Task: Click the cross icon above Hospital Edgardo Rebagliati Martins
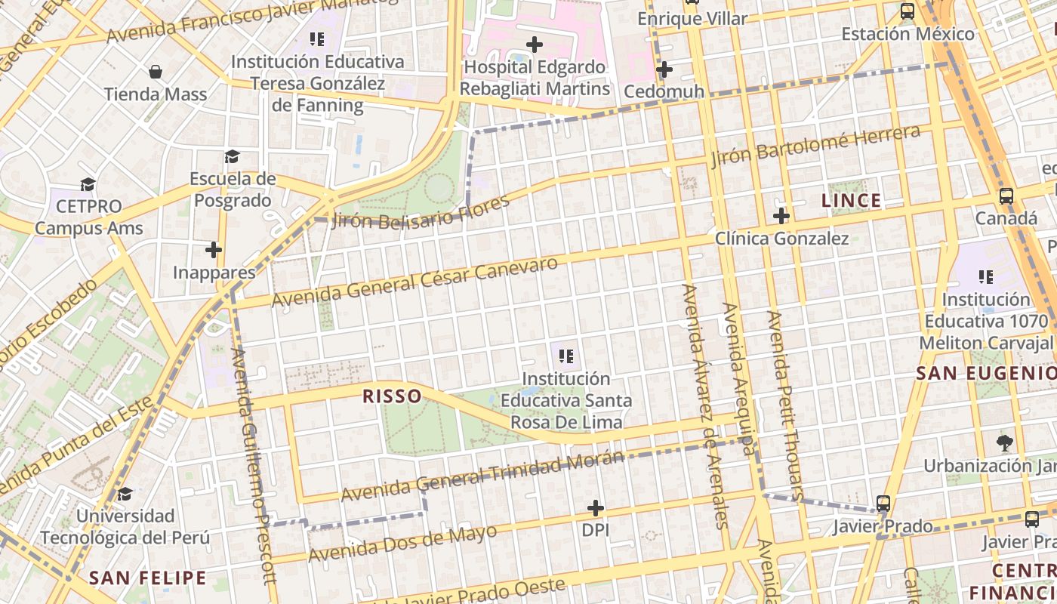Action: tap(535, 45)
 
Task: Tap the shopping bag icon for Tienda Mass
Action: tap(156, 72)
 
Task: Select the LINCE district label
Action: tap(851, 201)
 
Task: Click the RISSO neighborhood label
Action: tap(392, 396)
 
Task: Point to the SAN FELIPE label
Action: tap(147, 578)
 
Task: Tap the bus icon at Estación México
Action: tap(908, 11)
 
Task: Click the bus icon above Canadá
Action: tap(1006, 196)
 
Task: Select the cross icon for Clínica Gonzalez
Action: tap(781, 217)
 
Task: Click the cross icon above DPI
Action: tap(596, 508)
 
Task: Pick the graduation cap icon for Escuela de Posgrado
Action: tap(232, 157)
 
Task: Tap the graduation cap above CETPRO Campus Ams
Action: tap(88, 185)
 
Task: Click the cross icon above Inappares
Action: tap(214, 249)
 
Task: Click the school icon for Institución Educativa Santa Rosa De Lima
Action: tap(566, 356)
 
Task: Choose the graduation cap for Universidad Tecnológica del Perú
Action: tap(125, 494)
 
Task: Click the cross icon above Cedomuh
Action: tap(664, 70)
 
